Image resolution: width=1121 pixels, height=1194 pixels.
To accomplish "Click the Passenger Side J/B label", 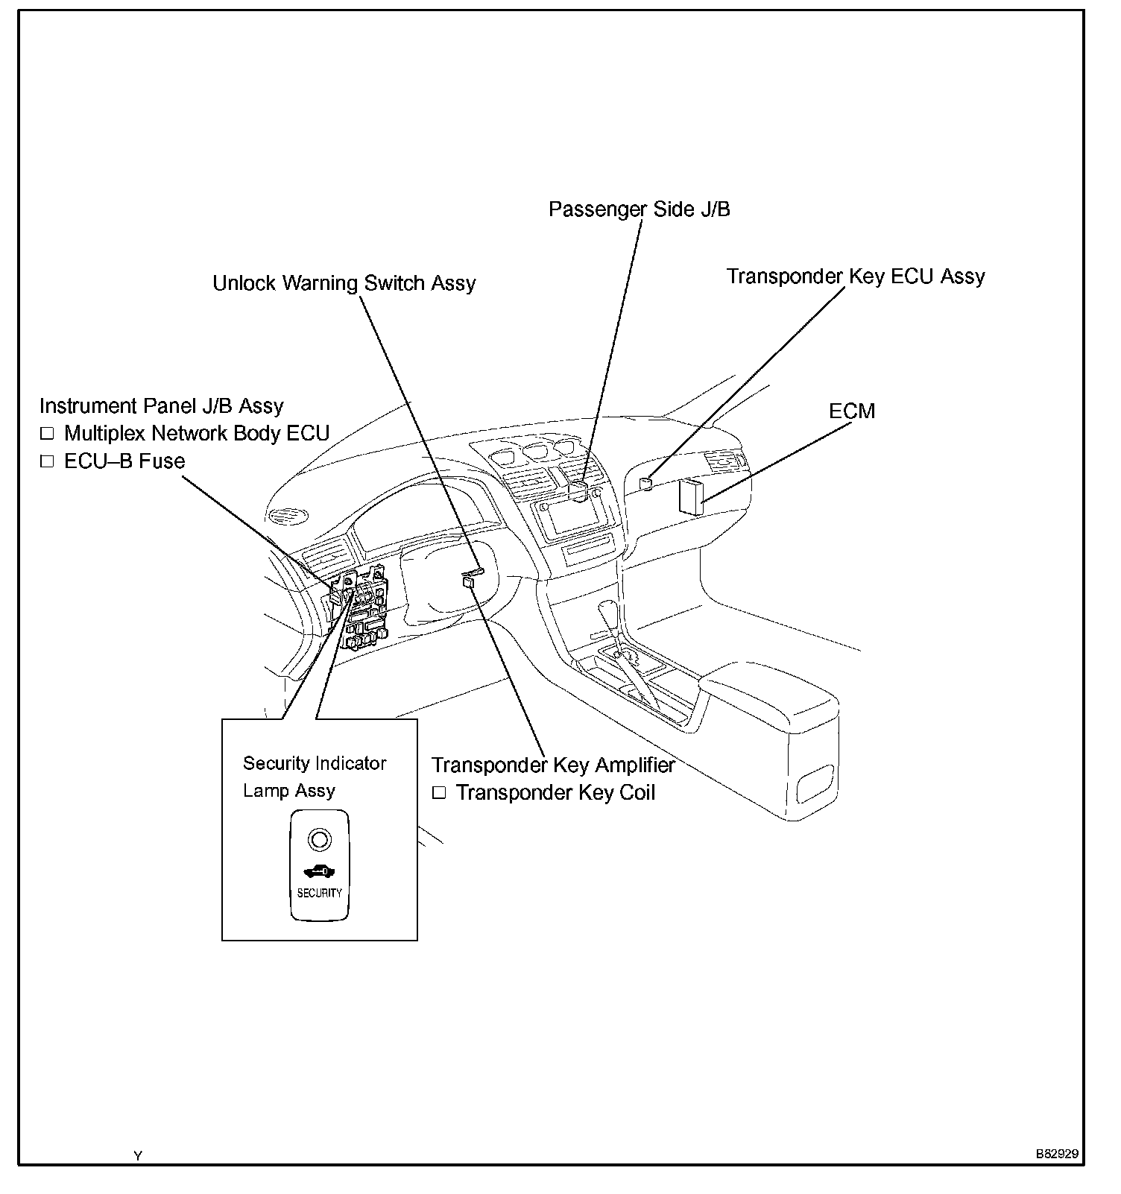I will point(639,209).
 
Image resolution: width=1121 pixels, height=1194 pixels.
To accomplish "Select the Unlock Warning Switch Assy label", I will point(344,284).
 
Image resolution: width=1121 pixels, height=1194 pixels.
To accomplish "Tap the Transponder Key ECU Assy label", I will point(856,277).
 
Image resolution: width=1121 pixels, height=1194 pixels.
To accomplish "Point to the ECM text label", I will point(852,411).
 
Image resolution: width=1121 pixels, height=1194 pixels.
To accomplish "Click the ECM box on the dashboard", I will point(691,496).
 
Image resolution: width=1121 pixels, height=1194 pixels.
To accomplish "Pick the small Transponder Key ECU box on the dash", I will point(646,484).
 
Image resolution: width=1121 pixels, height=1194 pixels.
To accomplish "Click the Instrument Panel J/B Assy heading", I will point(161,406).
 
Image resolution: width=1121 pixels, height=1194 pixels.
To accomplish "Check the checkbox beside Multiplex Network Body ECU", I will point(48,434).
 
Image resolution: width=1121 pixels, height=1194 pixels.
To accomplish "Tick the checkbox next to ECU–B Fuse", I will point(48,461).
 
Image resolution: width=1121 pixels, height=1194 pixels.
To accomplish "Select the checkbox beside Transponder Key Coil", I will point(439,793).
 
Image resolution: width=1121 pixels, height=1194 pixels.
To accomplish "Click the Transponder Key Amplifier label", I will point(553,765).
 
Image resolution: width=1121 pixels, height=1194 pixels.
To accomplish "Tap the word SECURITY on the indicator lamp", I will point(319,893).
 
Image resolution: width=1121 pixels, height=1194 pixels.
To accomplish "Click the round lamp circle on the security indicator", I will point(318,840).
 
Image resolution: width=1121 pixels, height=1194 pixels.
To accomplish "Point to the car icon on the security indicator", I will point(318,871).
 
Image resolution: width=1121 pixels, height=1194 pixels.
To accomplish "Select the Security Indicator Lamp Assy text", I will point(315,777).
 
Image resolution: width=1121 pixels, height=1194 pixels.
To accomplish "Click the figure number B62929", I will point(1056,1154).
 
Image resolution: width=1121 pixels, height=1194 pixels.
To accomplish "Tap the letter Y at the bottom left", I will point(138,1156).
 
